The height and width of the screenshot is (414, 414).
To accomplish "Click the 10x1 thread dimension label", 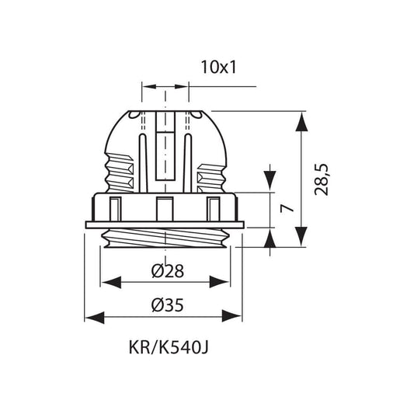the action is tap(218, 67).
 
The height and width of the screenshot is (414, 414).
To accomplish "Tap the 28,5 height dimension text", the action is tap(322, 179).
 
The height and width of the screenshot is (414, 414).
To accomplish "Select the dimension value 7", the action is tap(287, 208).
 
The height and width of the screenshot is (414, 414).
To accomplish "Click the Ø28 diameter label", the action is tap(168, 271).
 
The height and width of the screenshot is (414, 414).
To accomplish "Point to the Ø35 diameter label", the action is tap(168, 305).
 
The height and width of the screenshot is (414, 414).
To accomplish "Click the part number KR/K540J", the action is tap(169, 348).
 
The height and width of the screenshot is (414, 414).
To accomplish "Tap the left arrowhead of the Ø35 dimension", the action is tap(94, 317).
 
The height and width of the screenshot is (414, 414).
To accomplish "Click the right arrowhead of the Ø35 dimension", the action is tap(231, 316).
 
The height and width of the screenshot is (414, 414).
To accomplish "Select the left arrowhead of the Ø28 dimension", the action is tap(112, 282).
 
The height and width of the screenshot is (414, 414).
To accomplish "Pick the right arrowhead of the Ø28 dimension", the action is tap(219, 282).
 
